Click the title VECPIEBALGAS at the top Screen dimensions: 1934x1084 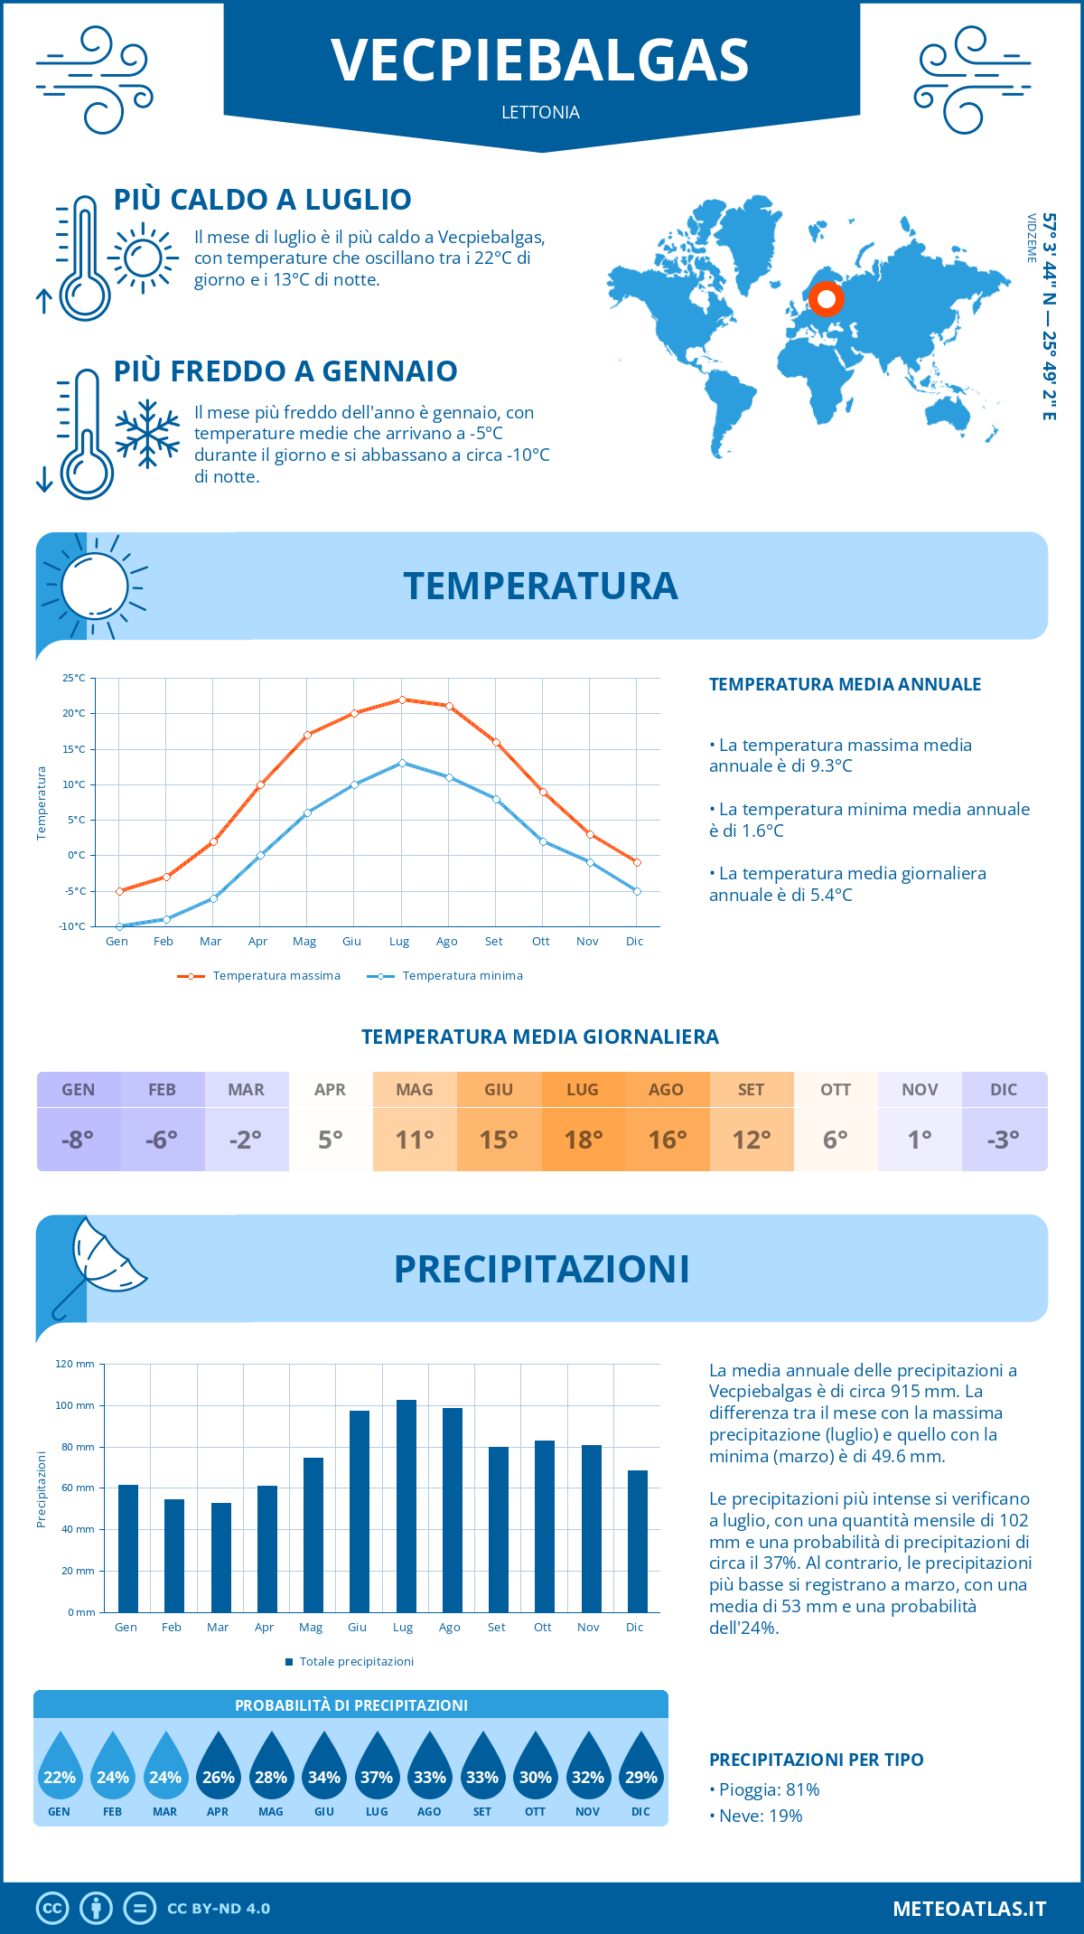[540, 61]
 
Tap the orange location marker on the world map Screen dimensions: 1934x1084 [826, 298]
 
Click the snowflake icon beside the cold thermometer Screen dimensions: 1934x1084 [147, 434]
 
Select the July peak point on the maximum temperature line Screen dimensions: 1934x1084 [402, 699]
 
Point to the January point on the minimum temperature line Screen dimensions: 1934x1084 [119, 926]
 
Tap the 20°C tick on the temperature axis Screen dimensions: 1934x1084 [74, 713]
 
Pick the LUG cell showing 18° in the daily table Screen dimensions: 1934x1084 [583, 1139]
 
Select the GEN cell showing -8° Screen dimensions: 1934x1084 [78, 1139]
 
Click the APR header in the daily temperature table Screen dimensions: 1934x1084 [330, 1090]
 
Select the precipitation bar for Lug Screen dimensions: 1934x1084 [406, 1506]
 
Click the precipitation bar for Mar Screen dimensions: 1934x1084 [220, 1557]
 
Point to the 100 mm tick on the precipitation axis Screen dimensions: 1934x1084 [75, 1405]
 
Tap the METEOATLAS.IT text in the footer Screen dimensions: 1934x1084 [968, 1909]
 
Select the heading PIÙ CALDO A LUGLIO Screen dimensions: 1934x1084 [262, 200]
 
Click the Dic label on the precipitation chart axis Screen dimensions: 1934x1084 [634, 1627]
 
